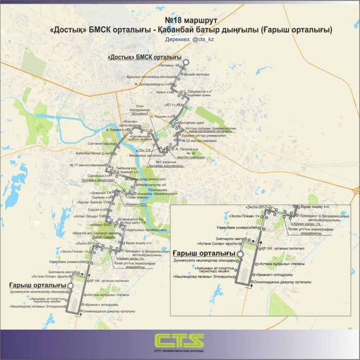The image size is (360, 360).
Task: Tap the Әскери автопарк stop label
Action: [x=193, y=74]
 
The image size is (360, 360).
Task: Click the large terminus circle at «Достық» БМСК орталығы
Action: [x=186, y=62]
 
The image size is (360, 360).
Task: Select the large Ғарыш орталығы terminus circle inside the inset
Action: [x=240, y=254]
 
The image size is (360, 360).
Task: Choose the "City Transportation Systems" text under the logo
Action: [x=179, y=352]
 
